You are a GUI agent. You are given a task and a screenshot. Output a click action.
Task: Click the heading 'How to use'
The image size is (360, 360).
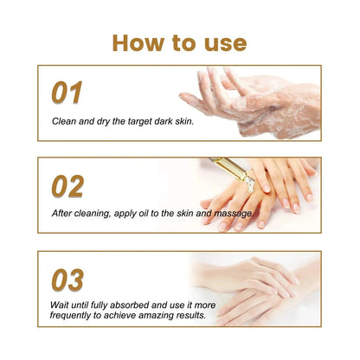pyautogui.click(x=179, y=42)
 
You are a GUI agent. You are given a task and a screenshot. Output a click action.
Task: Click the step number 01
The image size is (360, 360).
pyautogui.click(x=67, y=92)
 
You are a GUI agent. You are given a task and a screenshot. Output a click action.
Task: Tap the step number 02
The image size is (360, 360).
pyautogui.click(x=68, y=185)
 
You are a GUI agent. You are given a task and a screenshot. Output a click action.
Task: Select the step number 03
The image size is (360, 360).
pyautogui.click(x=67, y=279)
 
